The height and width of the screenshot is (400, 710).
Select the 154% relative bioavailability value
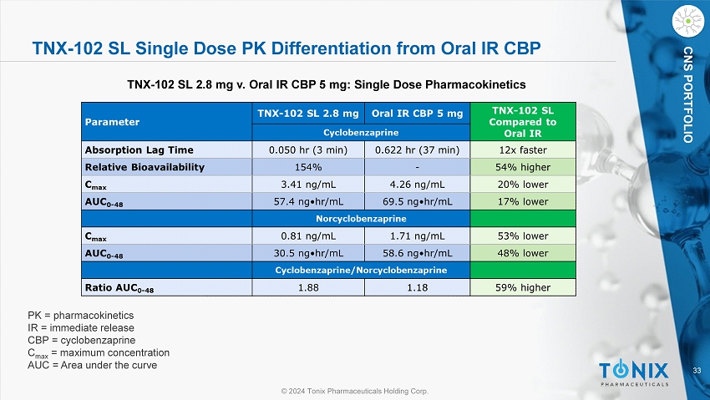coord(305,167)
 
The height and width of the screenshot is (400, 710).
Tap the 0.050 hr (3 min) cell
coord(305,149)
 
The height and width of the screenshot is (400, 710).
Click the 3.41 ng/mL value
coord(305,185)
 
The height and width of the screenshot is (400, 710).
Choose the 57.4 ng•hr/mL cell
coord(305,202)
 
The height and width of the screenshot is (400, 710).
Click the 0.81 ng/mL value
coord(305,236)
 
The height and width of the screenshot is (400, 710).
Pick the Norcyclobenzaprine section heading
coord(360,220)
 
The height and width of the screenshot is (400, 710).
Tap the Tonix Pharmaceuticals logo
coord(634,373)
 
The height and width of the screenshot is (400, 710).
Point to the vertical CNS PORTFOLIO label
coord(687,97)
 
